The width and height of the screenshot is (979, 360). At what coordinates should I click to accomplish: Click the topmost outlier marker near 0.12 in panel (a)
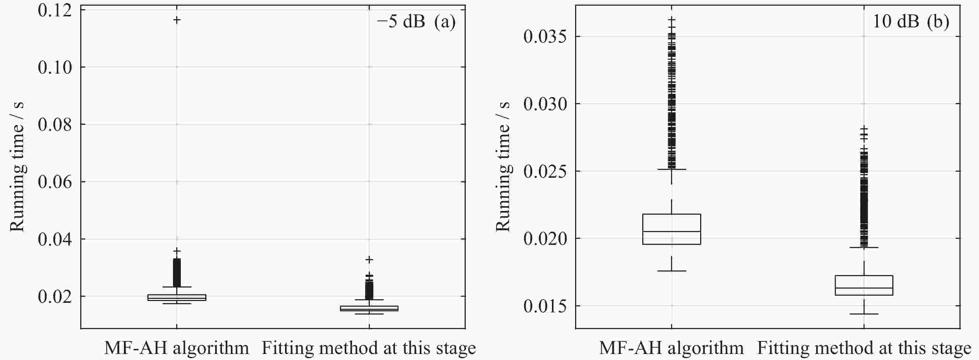pos(177,20)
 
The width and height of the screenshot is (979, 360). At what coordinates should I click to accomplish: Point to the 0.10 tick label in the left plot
pos(55,67)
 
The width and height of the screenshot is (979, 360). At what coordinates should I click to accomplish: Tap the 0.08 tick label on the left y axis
pos(55,125)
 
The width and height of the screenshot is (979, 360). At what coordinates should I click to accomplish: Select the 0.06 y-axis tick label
pos(55,182)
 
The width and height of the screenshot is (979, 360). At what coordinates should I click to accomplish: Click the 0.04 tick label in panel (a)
pos(55,240)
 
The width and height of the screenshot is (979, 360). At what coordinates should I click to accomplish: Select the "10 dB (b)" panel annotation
pos(910,22)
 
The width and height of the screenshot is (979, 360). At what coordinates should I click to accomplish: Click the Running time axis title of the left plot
pos(17,167)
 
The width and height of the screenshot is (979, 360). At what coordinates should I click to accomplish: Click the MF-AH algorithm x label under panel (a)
pos(177,348)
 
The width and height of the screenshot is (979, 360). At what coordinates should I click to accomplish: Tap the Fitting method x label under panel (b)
pos(864,348)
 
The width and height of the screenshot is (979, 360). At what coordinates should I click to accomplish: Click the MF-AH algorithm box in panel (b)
pos(671,229)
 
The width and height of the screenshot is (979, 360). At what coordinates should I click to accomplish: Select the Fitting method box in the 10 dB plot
pos(864,285)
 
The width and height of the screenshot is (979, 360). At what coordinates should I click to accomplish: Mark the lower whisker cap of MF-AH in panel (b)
pos(671,271)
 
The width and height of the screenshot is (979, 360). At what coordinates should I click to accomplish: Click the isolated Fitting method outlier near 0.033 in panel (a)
pos(369,260)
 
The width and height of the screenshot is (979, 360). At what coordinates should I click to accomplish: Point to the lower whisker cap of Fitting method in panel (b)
pos(864,314)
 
